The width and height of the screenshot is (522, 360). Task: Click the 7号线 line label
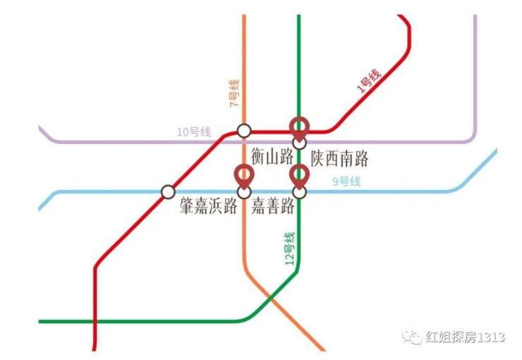[x=234, y=93]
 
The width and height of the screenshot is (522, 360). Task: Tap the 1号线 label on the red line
[x=368, y=81]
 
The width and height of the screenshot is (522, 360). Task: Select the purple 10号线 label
[x=194, y=132]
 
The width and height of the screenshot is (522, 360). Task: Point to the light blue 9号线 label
[x=346, y=181]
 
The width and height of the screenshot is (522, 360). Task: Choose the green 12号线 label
[x=290, y=248]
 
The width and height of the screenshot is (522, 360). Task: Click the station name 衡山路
[x=272, y=157]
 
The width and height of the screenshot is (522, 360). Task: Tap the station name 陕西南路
[x=339, y=159]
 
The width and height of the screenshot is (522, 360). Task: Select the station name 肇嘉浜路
[x=208, y=205]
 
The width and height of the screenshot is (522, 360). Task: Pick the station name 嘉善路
[x=273, y=205]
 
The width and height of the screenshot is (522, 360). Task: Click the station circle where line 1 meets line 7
[x=244, y=131]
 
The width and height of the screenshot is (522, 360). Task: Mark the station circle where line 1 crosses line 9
[x=168, y=192]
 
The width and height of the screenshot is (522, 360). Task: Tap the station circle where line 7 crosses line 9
[x=244, y=192]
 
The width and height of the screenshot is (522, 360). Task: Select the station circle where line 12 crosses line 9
[x=299, y=192]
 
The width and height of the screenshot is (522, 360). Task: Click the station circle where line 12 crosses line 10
[x=299, y=143]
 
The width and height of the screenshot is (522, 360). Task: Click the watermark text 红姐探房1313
[x=465, y=337]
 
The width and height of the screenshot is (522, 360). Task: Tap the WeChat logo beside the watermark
[x=413, y=337]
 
